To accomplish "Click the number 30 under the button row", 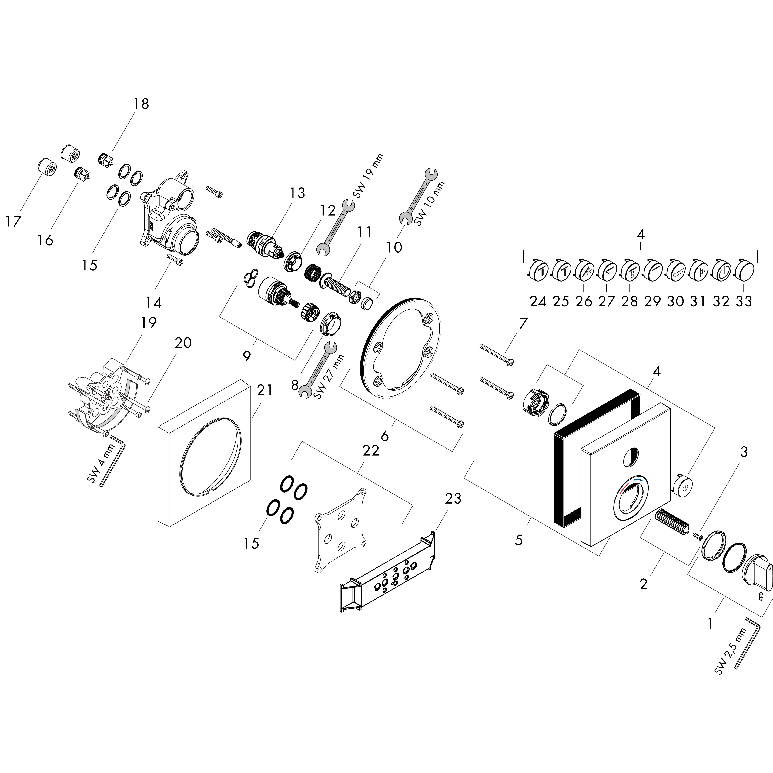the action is click(675, 301).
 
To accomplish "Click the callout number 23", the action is click(453, 498).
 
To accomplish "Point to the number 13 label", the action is click(297, 193).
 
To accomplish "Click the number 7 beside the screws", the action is click(523, 323).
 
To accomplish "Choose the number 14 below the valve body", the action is click(154, 303).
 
